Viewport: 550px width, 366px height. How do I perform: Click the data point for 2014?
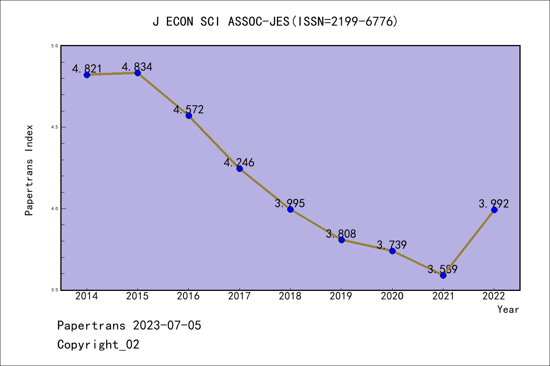(x=87, y=75)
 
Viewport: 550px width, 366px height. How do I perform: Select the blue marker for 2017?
(x=239, y=169)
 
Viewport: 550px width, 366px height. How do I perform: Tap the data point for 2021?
(x=443, y=275)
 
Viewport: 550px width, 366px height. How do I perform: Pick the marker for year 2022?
(x=494, y=210)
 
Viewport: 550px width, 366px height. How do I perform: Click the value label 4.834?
(x=137, y=67)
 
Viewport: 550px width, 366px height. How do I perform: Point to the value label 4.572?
(x=189, y=110)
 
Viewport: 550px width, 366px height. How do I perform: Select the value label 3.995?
(x=290, y=204)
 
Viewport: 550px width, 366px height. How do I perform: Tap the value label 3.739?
(x=392, y=245)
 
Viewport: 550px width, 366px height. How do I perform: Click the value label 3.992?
(x=494, y=204)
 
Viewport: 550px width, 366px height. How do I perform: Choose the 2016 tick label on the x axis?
(x=188, y=296)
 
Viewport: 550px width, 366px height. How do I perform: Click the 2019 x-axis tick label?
(x=341, y=296)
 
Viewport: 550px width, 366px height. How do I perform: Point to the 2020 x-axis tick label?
(x=392, y=296)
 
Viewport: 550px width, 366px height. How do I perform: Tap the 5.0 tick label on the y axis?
(x=54, y=46)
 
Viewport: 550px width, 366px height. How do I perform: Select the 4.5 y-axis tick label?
(x=54, y=127)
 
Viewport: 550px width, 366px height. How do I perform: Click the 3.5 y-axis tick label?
(x=54, y=290)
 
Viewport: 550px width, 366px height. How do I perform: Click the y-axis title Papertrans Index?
(x=29, y=170)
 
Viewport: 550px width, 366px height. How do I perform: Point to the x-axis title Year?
(x=508, y=310)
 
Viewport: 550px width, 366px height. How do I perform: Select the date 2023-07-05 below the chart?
(x=167, y=326)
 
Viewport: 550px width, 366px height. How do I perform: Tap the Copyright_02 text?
(x=99, y=345)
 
